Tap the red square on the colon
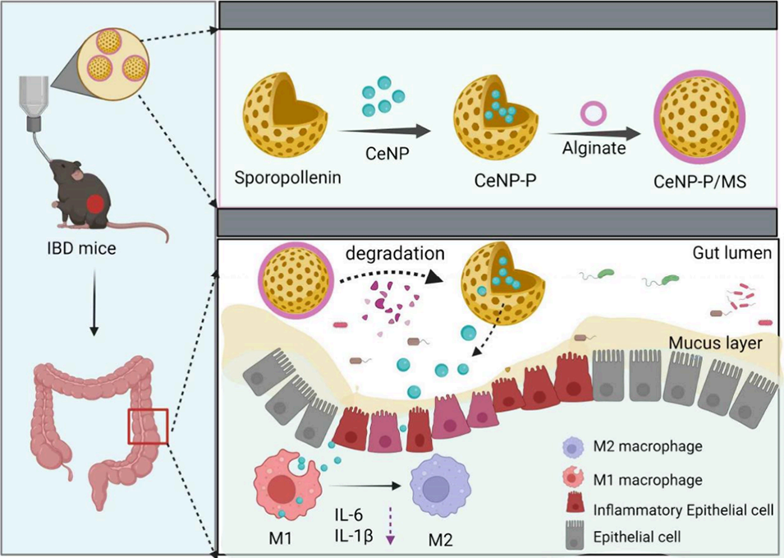click(x=148, y=427)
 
